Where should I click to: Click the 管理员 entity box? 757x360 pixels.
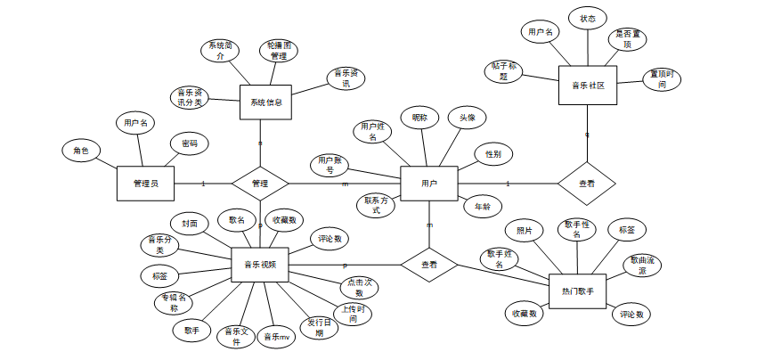coord(145,184)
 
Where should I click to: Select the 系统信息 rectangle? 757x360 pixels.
coord(266,102)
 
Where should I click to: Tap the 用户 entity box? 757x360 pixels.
coord(429,184)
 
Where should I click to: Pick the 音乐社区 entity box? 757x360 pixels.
coord(588,86)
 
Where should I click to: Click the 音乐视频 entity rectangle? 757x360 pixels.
coord(260,264)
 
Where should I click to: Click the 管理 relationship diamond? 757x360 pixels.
coord(260,184)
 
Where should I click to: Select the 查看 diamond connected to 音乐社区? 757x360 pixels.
coord(587,184)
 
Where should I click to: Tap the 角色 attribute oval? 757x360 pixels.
coord(81,151)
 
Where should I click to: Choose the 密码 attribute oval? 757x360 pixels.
coord(190,143)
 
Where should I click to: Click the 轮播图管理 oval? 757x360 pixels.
coord(278,50)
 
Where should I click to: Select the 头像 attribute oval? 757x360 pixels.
coord(468,118)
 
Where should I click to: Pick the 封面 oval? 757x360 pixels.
coord(190,224)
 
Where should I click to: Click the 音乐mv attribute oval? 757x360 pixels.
coord(277,338)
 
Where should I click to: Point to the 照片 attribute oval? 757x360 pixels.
coord(525,231)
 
